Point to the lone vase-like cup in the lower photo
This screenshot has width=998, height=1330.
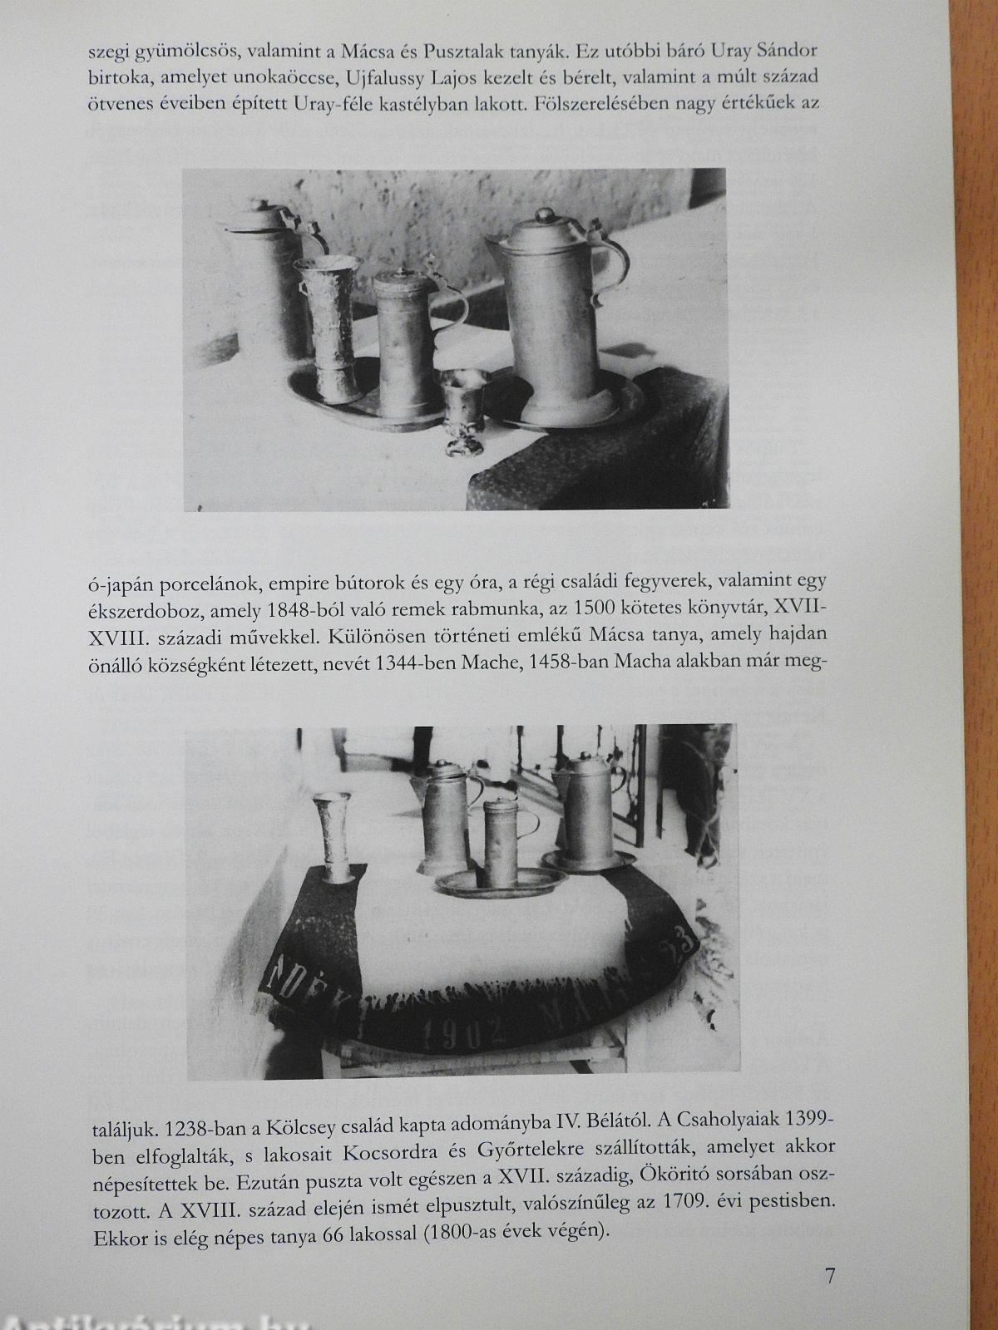click(333, 837)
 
